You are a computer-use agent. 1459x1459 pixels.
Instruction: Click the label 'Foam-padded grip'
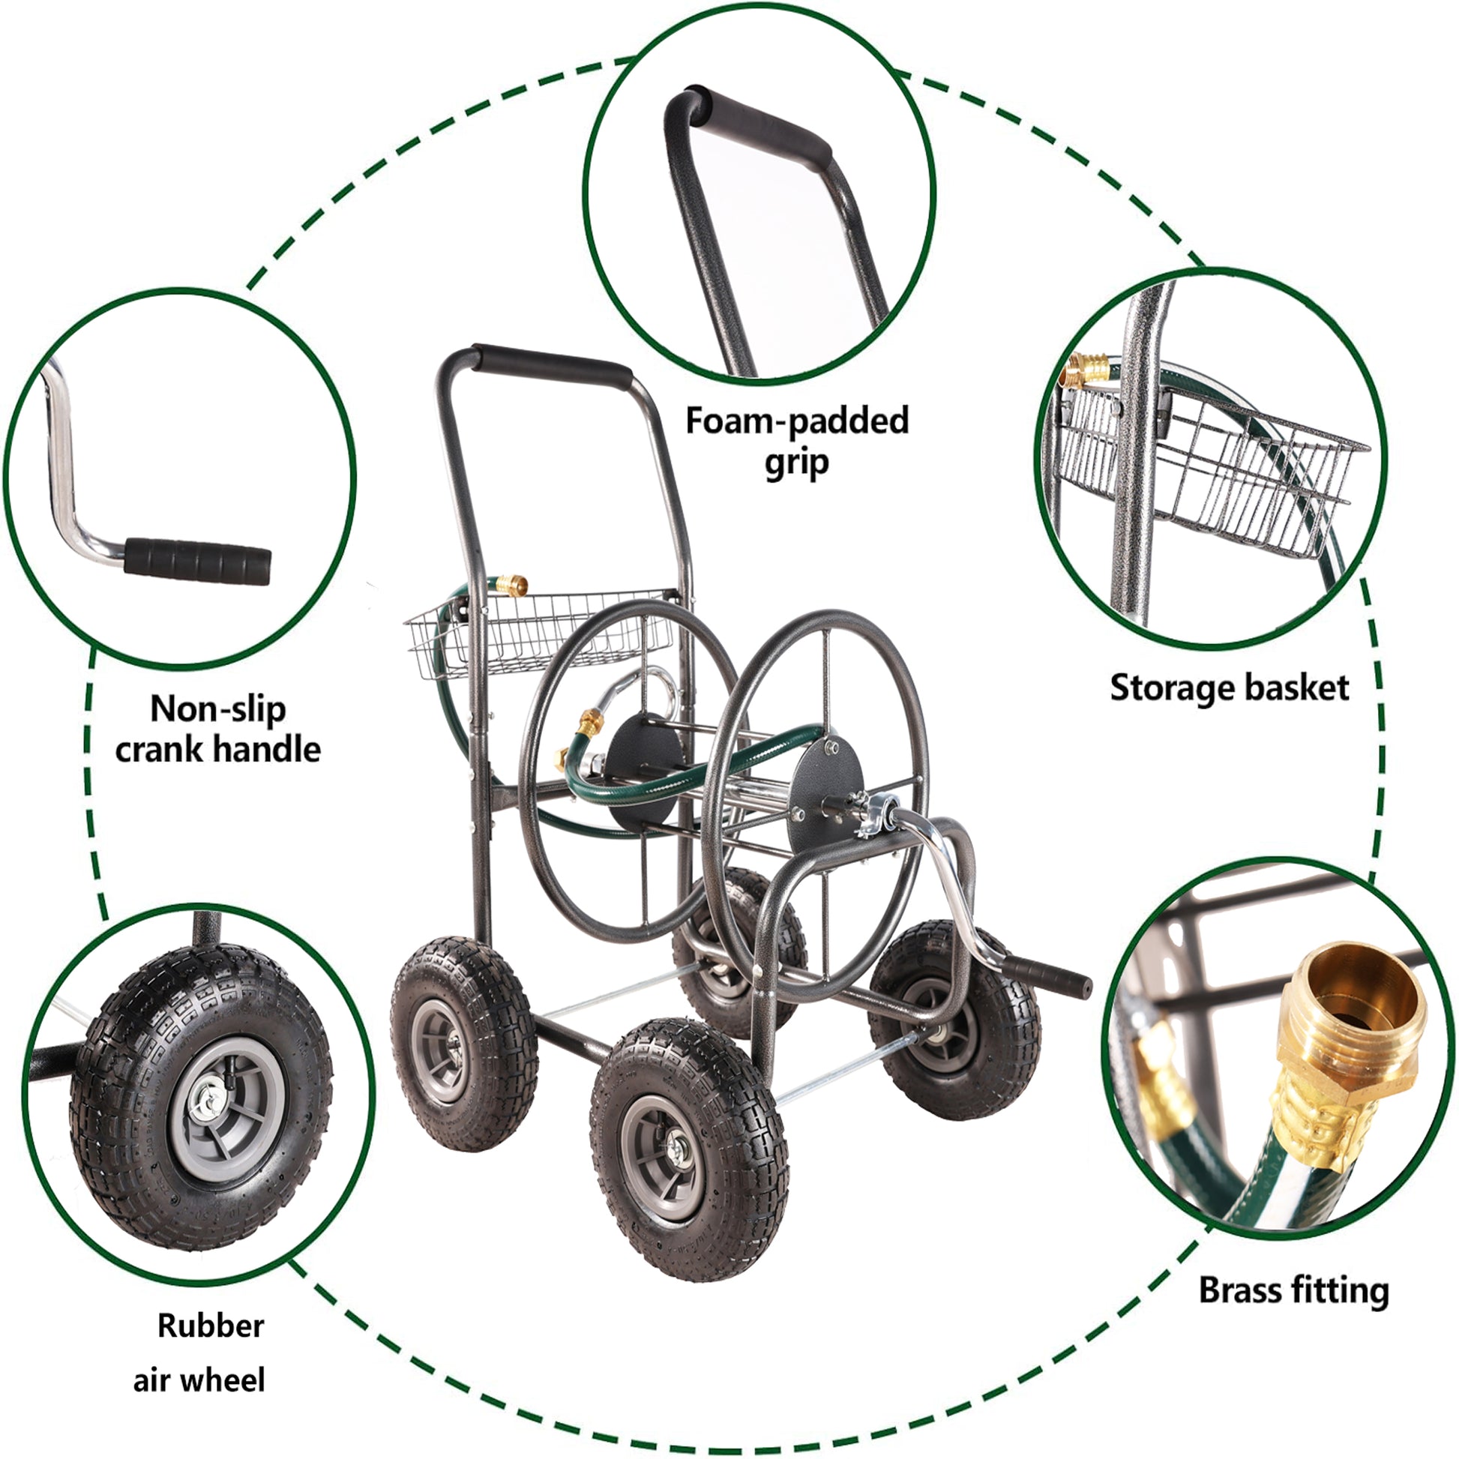pos(797,441)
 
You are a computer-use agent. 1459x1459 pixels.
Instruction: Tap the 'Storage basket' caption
pos(1229,688)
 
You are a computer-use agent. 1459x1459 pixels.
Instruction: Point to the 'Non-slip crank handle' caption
pos(217,729)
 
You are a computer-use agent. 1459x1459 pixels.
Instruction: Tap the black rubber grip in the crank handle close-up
pos(197,560)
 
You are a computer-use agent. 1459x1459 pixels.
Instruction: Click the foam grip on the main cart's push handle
pos(551,364)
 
